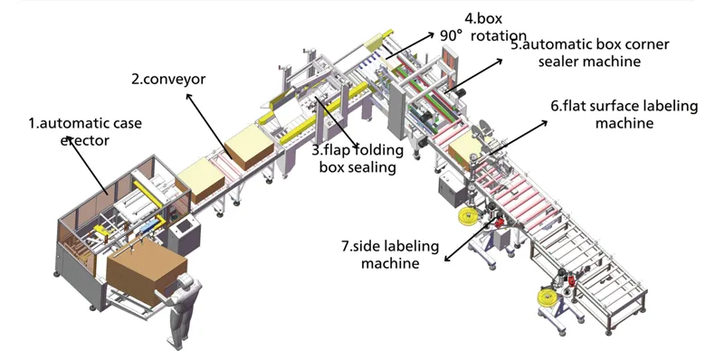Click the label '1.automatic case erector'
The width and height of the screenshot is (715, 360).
(85, 132)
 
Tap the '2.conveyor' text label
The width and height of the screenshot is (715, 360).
(168, 79)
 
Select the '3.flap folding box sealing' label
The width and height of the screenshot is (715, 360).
(357, 158)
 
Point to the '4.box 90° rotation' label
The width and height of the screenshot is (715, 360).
(483, 27)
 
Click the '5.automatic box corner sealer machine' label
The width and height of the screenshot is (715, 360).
(589, 52)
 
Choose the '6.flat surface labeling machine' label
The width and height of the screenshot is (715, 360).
(624, 114)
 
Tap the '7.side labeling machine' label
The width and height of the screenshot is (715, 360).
(390, 254)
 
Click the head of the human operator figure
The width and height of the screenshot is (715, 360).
(187, 281)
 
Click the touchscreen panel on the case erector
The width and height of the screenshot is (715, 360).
(185, 226)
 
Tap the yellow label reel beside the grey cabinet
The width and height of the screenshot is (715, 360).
(468, 216)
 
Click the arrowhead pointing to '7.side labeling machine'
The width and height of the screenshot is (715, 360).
(447, 259)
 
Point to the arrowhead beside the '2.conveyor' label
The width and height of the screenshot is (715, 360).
(189, 96)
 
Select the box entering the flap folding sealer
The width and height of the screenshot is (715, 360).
(250, 147)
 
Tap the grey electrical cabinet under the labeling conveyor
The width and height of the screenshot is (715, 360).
(453, 191)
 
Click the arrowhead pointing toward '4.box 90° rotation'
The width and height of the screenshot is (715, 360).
(431, 34)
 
